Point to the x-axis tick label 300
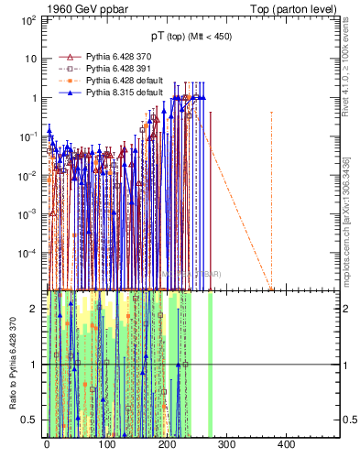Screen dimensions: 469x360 point(225,445)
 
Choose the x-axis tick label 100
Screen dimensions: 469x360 point(106,445)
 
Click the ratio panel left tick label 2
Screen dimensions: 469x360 point(34,309)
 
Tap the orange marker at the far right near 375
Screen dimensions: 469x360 point(271,289)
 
